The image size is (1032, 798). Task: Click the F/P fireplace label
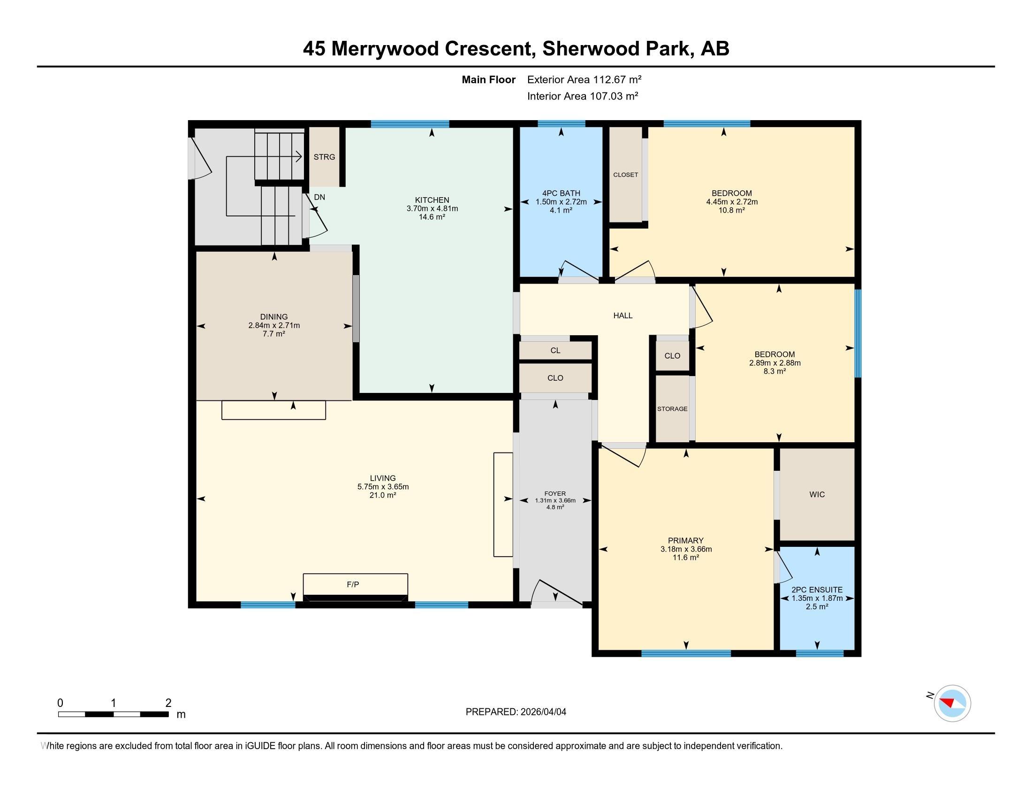[352, 584]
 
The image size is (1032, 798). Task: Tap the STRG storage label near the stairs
[324, 157]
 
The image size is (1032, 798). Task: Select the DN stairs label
[319, 197]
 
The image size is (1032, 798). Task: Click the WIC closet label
[817, 494]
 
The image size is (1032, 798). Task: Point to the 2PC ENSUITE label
[817, 590]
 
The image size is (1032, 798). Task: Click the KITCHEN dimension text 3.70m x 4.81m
[432, 208]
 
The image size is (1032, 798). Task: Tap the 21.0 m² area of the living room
[383, 495]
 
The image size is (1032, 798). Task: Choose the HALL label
[623, 315]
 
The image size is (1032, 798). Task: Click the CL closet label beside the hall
[555, 350]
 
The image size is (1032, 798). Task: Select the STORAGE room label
[672, 409]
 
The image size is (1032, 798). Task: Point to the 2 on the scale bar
[168, 703]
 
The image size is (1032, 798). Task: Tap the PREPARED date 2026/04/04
[543, 712]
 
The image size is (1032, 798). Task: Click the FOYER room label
[555, 493]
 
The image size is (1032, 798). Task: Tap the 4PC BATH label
[562, 193]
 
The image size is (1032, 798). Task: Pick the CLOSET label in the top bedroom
[626, 175]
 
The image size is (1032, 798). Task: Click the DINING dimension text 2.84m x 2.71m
[274, 325]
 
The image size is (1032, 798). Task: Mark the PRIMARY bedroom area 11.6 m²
[686, 557]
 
